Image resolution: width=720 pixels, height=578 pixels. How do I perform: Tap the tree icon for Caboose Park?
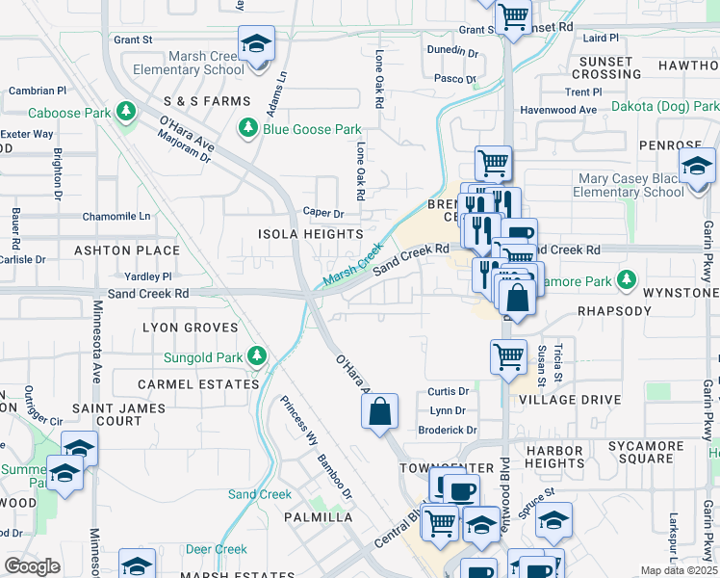tap(124, 112)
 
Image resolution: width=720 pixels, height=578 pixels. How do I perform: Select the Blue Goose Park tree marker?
tap(248, 129)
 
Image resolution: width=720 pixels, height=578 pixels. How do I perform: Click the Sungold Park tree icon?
tap(256, 357)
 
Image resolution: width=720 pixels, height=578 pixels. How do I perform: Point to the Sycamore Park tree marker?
tap(627, 280)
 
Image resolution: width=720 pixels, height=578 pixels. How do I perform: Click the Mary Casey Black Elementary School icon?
tap(697, 166)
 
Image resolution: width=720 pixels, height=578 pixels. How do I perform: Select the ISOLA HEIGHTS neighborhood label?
tap(310, 234)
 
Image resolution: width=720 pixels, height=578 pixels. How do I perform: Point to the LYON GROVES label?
tap(190, 328)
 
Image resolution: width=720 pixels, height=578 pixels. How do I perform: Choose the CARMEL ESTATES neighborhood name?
tap(198, 383)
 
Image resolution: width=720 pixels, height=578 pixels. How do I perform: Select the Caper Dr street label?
tap(323, 213)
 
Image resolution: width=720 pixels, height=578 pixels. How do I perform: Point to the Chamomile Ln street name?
tap(116, 217)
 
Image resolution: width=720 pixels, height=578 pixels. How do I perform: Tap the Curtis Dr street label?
tap(448, 392)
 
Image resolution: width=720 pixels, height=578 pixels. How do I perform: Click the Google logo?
tap(32, 566)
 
